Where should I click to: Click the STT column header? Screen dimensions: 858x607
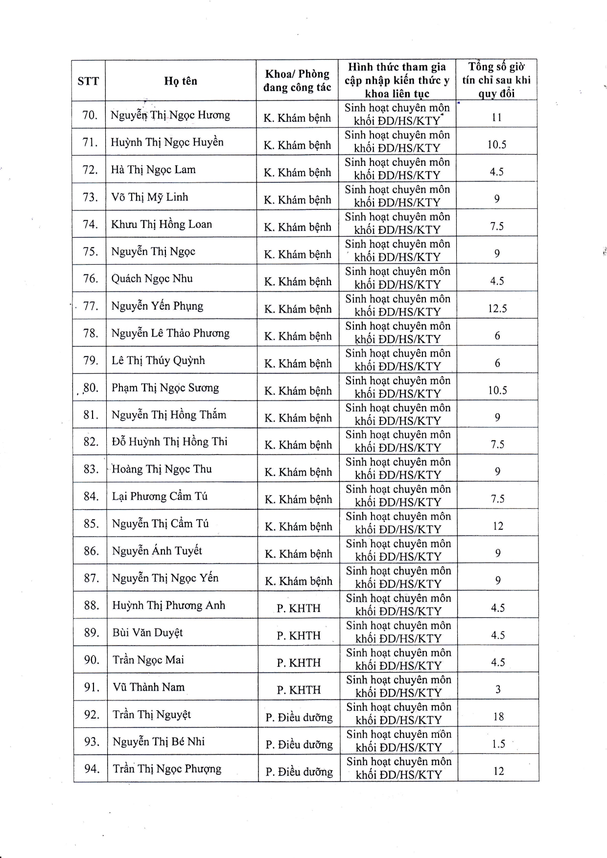click(x=88, y=81)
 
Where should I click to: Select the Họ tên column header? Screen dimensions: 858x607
click(x=181, y=81)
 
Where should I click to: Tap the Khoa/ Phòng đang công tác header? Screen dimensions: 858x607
click(x=297, y=81)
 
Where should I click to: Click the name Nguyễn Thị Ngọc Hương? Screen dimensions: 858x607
click(x=170, y=115)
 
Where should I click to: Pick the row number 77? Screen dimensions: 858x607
click(x=91, y=306)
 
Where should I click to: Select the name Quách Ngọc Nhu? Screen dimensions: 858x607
click(x=152, y=279)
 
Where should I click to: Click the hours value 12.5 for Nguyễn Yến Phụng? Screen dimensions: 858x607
click(x=497, y=309)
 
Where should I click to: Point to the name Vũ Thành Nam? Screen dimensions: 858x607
click(x=149, y=687)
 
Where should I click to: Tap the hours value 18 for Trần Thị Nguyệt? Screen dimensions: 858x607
click(x=498, y=717)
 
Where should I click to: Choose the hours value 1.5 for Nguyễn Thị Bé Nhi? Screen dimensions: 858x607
click(x=498, y=744)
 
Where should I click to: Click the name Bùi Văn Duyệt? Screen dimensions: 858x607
click(x=147, y=632)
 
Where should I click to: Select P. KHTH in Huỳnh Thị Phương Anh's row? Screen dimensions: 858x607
click(x=299, y=609)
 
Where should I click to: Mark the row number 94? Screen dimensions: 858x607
click(x=92, y=769)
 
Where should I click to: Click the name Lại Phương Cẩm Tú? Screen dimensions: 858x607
click(x=160, y=497)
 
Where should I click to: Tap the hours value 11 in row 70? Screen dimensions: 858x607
click(x=496, y=118)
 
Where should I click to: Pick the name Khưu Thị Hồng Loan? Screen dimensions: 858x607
click(x=162, y=225)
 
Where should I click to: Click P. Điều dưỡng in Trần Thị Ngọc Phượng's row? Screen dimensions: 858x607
click(x=299, y=772)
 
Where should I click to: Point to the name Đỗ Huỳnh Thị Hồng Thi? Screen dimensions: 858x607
click(x=169, y=442)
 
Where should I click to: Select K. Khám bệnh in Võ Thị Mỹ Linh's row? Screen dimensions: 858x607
click(x=297, y=200)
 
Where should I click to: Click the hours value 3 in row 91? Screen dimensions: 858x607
click(x=498, y=690)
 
